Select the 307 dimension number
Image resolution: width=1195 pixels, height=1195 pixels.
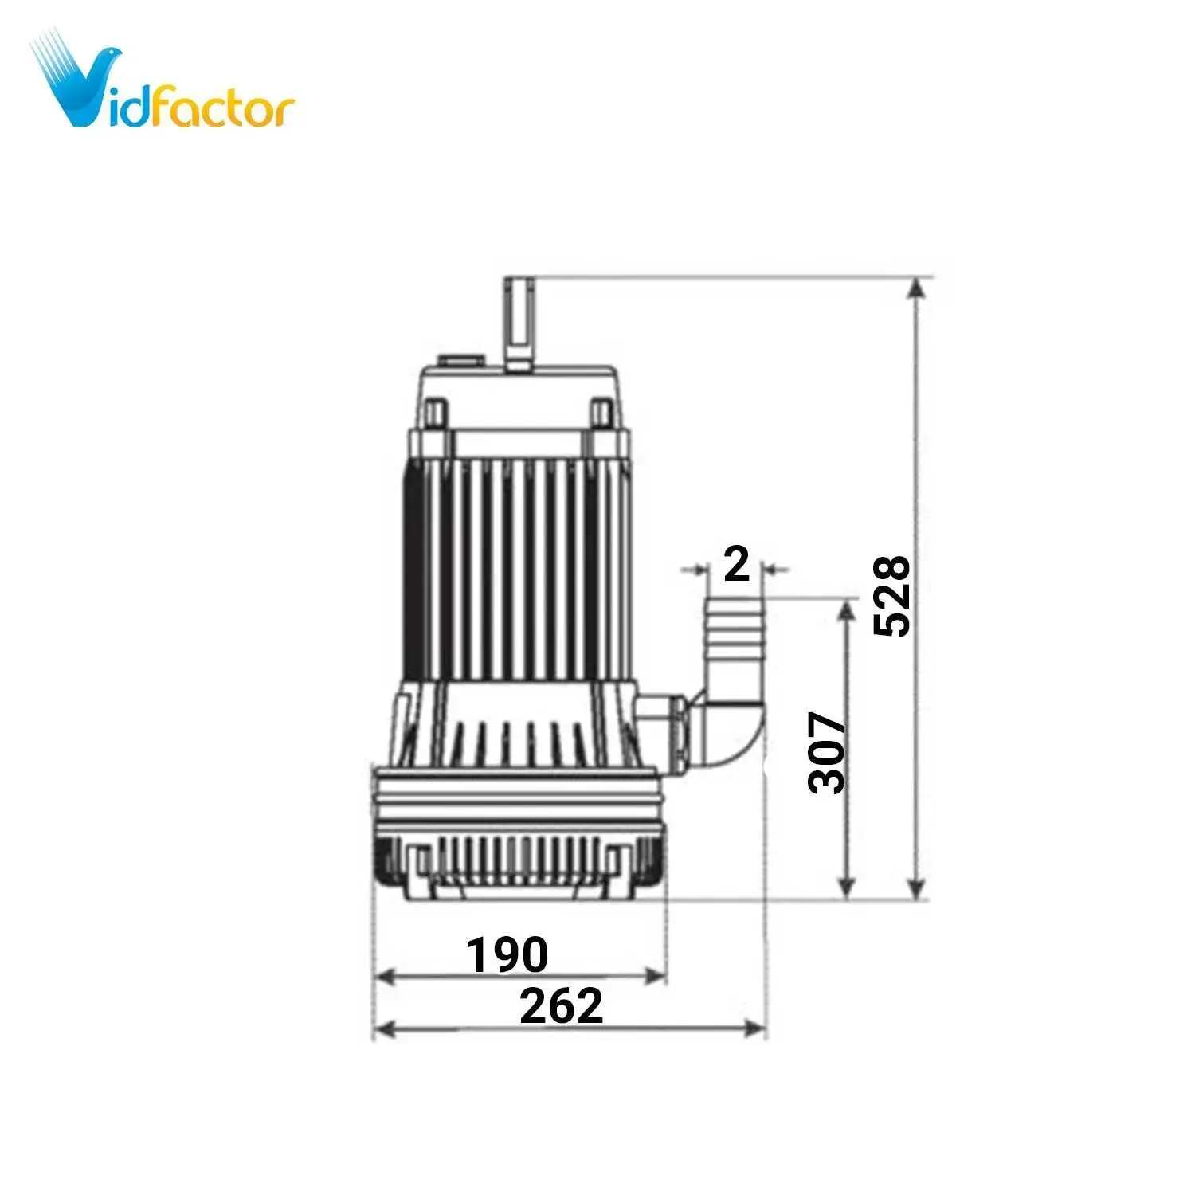coord(826,752)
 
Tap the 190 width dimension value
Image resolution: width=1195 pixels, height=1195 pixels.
coord(507,954)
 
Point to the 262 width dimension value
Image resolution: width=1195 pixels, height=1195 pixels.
coord(561,1006)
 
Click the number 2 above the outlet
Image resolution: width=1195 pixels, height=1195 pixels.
coord(736,564)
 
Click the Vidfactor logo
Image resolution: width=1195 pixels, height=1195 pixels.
coord(163,88)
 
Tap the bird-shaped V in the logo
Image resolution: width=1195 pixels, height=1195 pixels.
coord(80,84)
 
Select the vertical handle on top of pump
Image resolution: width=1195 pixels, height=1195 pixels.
coord(519,323)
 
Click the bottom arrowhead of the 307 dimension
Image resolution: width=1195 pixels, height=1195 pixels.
coord(848,889)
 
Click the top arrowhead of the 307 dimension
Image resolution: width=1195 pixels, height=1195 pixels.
coord(848,610)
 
